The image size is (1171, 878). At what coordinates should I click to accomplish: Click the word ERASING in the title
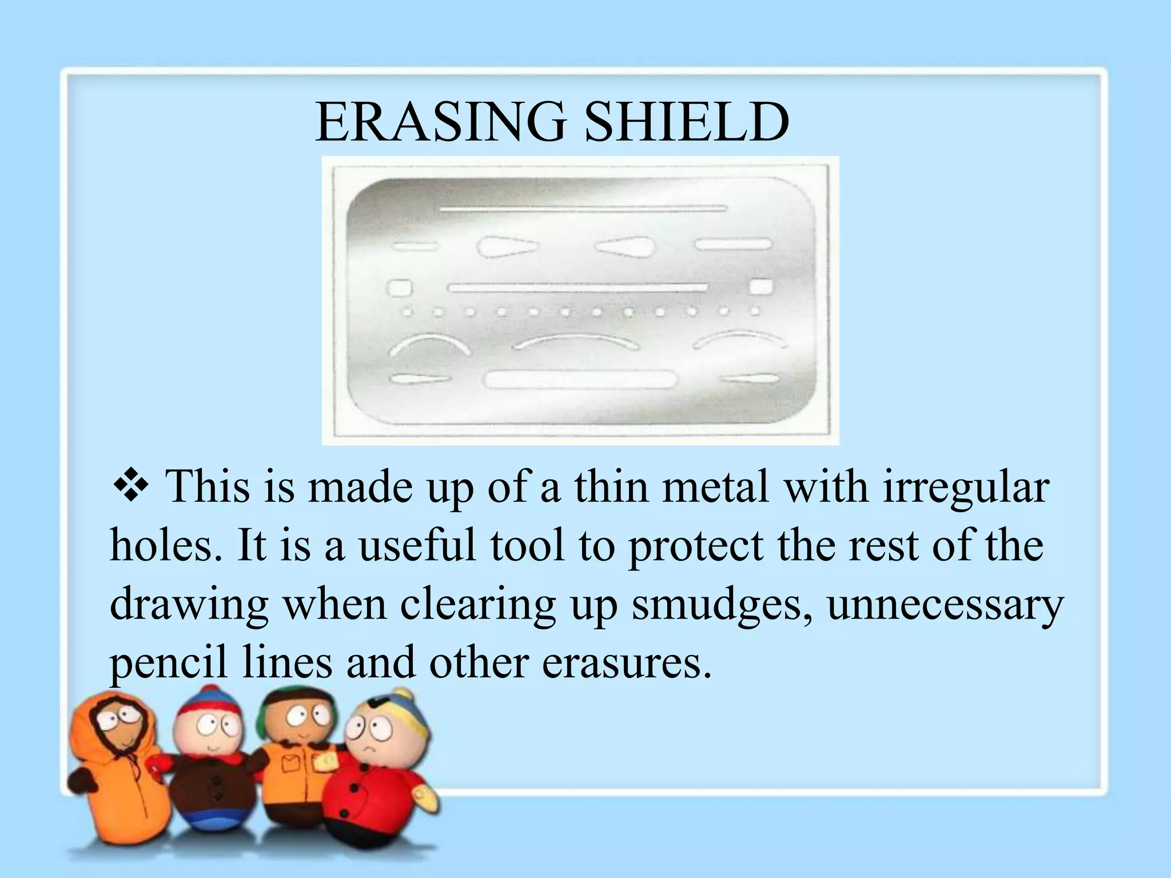(440, 122)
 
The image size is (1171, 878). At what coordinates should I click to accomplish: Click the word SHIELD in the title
(687, 122)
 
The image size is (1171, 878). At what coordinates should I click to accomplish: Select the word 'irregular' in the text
(966, 488)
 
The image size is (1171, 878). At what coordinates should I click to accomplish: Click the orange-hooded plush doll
(111, 766)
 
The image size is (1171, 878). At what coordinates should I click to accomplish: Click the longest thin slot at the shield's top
(583, 209)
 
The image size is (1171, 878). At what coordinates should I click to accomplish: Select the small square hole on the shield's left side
(399, 288)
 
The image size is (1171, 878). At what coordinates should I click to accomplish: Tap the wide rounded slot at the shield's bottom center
(580, 380)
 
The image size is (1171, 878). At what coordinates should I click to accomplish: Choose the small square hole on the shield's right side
(760, 286)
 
